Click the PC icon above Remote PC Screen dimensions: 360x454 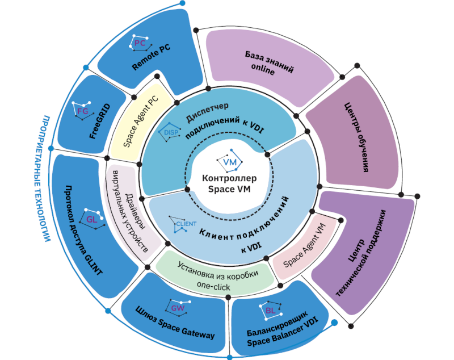coord(139,43)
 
